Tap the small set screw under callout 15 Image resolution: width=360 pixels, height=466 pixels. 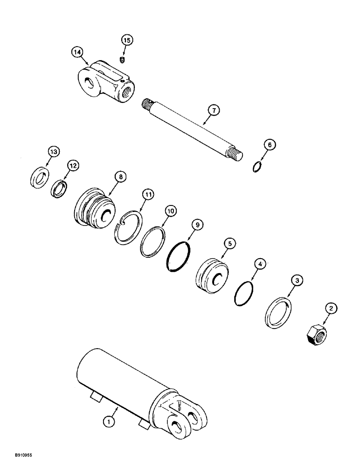[x=122, y=60]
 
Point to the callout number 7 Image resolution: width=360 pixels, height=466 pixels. [x=214, y=110]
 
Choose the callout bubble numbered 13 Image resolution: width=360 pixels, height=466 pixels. [x=54, y=152]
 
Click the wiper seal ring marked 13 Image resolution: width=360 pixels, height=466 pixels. [x=39, y=178]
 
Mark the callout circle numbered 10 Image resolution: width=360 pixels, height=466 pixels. [x=171, y=211]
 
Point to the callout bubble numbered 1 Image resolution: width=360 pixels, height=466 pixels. [x=108, y=422]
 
